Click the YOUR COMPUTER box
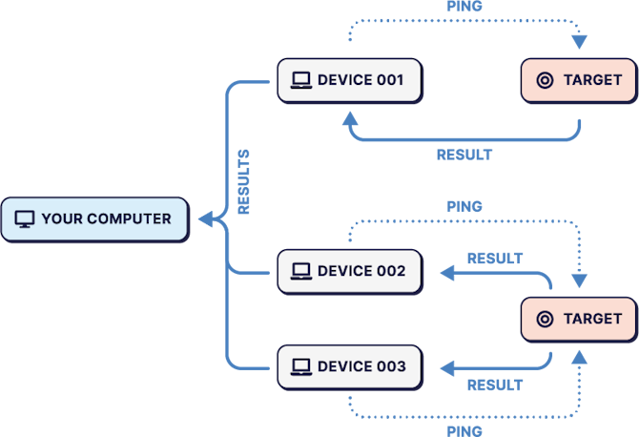tap(94, 218)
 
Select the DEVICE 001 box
tap(349, 80)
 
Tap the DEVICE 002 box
tap(349, 271)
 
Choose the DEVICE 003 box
tap(349, 366)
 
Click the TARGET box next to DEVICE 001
tap(577, 80)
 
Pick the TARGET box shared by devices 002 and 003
tap(577, 319)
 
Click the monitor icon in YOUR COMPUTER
tap(25, 219)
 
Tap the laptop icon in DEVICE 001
tap(301, 80)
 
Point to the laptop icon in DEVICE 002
tap(301, 271)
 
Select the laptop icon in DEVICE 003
tap(301, 366)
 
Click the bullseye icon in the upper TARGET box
tap(545, 80)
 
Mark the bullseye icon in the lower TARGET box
tap(545, 319)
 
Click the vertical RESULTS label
tap(244, 181)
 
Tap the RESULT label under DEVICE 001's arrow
tap(464, 154)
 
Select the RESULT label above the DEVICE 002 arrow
tap(494, 259)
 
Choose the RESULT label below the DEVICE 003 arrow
tap(494, 385)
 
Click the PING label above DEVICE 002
tap(464, 206)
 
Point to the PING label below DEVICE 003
tap(464, 430)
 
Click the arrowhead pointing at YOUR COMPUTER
tap(204, 219)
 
